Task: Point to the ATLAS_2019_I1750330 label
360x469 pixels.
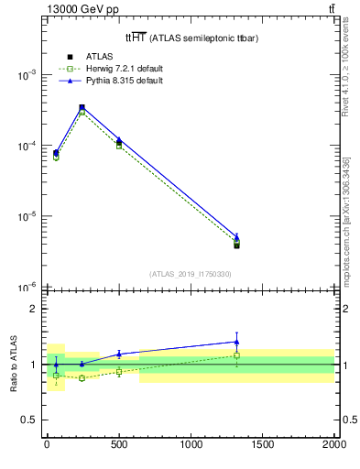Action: [x=190, y=274]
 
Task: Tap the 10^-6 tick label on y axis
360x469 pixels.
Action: [x=28, y=288]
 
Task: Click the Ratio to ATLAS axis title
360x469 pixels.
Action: [x=13, y=364]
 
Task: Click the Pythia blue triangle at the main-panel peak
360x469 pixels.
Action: [x=82, y=107]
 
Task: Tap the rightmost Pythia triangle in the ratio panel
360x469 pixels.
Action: [x=236, y=342]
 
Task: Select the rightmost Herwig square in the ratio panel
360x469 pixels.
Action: [x=236, y=355]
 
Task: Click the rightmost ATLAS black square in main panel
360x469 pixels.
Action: [x=236, y=245]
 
